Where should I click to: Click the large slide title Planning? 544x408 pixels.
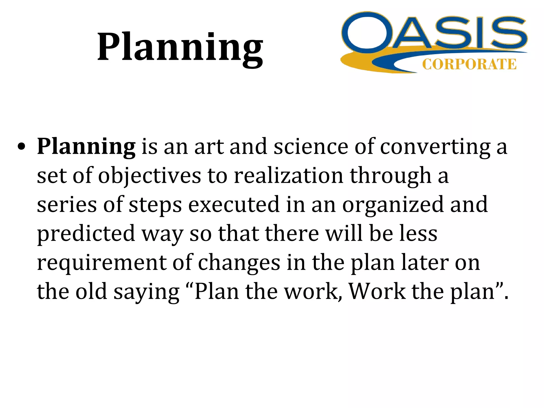click(x=180, y=48)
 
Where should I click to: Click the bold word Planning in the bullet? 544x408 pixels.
click(x=86, y=147)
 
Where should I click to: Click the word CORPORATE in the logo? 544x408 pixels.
click(x=469, y=65)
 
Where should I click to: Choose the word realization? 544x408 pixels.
click(x=289, y=176)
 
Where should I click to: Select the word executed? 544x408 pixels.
click(x=234, y=205)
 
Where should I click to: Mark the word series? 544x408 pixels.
click(x=67, y=205)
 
